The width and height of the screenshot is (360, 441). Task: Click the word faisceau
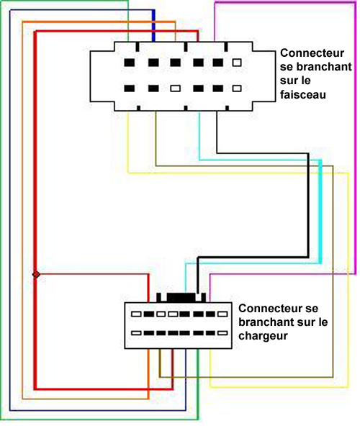pos(303,94)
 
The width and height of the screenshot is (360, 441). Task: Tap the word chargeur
pos(263,335)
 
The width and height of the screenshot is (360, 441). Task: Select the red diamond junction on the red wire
pos(36,274)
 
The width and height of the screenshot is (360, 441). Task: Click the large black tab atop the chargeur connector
pos(181,298)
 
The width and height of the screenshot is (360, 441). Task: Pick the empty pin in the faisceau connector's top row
pos(237,62)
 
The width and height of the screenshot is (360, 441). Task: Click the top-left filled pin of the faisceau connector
pos(130,62)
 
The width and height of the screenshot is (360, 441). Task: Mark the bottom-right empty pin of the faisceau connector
pos(237,88)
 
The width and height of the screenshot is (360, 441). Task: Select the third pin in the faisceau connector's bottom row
pos(176,88)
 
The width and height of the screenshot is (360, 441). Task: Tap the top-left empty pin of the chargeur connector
pos(136,314)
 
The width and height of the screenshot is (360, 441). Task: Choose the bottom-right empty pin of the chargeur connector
pos(222,333)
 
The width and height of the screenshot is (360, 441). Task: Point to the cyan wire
pos(320,211)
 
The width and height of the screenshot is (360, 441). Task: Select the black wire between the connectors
pos(308,205)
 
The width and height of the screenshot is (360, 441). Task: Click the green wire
pos(1,211)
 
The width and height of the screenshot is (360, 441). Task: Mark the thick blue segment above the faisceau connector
pos(153,26)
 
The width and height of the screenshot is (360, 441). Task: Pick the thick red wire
pos(35,211)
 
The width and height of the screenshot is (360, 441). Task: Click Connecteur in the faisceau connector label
pos(312,53)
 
